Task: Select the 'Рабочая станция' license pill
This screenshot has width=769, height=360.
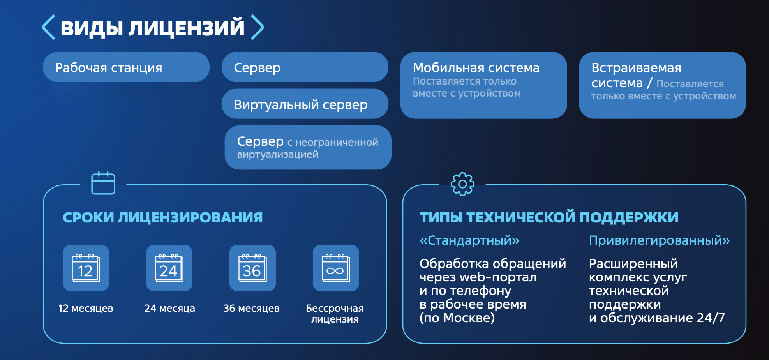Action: click(126, 67)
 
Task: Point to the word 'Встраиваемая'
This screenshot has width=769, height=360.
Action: click(636, 68)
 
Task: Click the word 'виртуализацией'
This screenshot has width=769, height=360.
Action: click(278, 155)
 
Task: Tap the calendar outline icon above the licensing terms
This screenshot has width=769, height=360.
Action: click(103, 183)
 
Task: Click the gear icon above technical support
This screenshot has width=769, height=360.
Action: click(462, 184)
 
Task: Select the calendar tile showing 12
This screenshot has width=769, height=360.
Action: click(86, 268)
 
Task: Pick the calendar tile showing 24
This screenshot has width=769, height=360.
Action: click(169, 268)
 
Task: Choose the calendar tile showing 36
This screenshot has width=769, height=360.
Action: click(253, 268)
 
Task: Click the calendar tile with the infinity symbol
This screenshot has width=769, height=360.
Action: click(336, 268)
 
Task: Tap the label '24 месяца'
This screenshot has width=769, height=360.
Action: click(169, 308)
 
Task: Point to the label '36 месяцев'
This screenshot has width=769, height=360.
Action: click(251, 308)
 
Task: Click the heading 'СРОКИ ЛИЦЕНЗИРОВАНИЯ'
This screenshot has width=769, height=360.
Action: click(163, 217)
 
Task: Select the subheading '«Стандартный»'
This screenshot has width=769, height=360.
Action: click(469, 240)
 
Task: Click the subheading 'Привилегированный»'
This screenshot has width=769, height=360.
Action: click(660, 240)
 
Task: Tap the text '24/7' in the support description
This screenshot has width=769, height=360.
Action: click(711, 318)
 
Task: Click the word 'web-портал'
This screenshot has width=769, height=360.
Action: click(498, 277)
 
